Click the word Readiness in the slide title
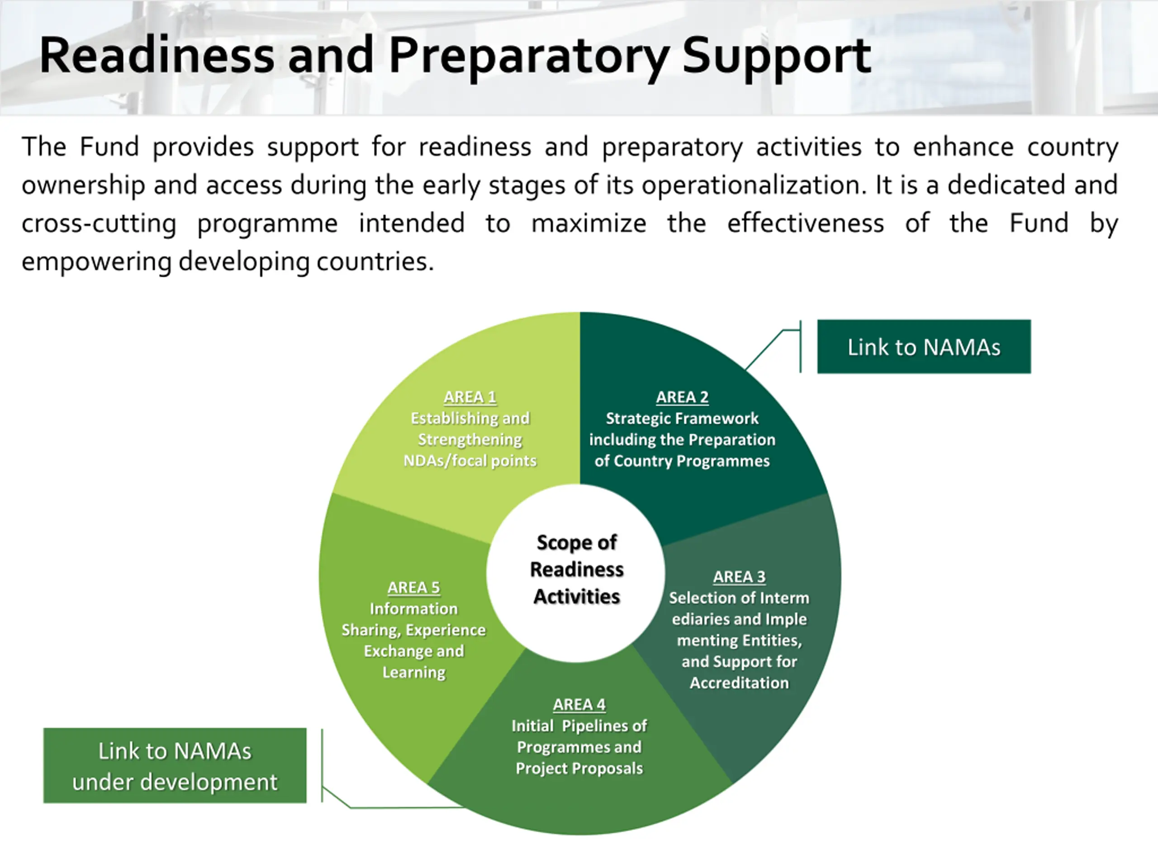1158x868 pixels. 157,56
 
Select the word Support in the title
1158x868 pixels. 776,56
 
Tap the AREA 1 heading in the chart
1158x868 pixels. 470,397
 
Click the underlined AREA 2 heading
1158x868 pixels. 682,397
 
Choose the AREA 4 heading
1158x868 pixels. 579,704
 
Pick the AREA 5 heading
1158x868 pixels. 413,588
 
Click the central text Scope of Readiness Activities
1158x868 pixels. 576,569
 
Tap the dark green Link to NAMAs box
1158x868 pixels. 924,346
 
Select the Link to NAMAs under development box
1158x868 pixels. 175,765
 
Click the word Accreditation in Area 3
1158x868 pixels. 739,683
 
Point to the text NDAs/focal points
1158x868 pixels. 470,461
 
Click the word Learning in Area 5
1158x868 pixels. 413,672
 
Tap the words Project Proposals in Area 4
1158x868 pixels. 579,768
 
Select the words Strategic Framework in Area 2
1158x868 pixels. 682,419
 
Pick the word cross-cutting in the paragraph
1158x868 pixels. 99,223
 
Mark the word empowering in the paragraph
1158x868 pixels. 96,262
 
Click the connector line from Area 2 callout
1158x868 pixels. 764,349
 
